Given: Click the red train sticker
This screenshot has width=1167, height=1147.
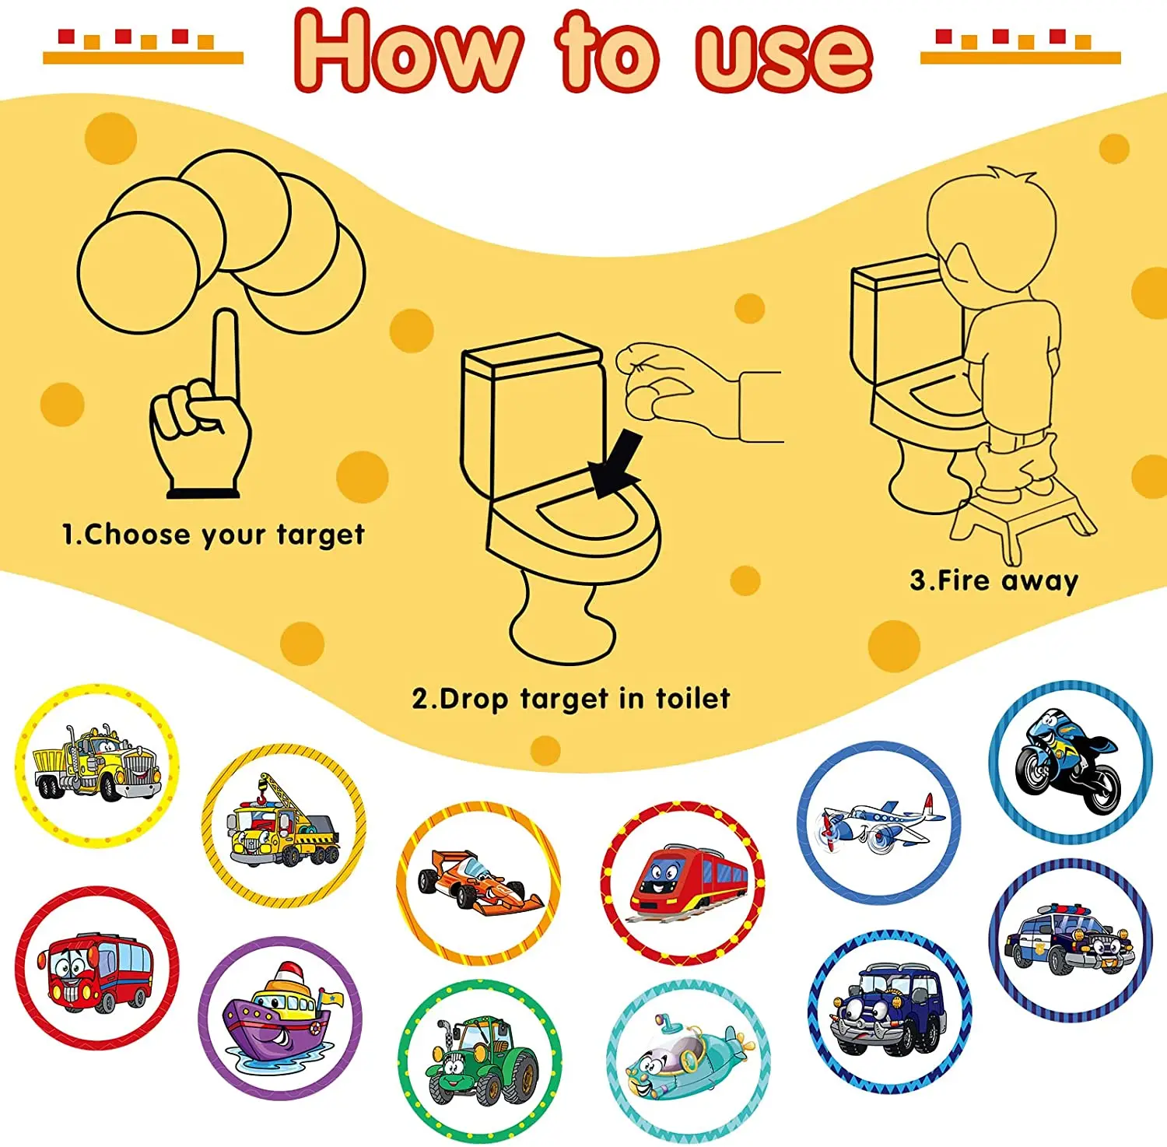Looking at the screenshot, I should [683, 882].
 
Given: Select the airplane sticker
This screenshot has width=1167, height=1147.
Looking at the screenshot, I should [879, 822].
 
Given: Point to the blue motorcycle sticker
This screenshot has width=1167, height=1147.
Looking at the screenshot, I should [1070, 763].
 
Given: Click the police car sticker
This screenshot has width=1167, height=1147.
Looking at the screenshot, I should [1070, 939].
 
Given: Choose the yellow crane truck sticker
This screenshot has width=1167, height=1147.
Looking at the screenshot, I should [284, 825].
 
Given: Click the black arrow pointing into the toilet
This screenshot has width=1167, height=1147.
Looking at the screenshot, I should [616, 466].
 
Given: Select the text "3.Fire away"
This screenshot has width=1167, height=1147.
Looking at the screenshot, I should [994, 581].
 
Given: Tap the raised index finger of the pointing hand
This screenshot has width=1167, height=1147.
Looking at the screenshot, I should [226, 354].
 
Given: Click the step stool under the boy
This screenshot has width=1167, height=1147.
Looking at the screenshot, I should [1019, 521].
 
